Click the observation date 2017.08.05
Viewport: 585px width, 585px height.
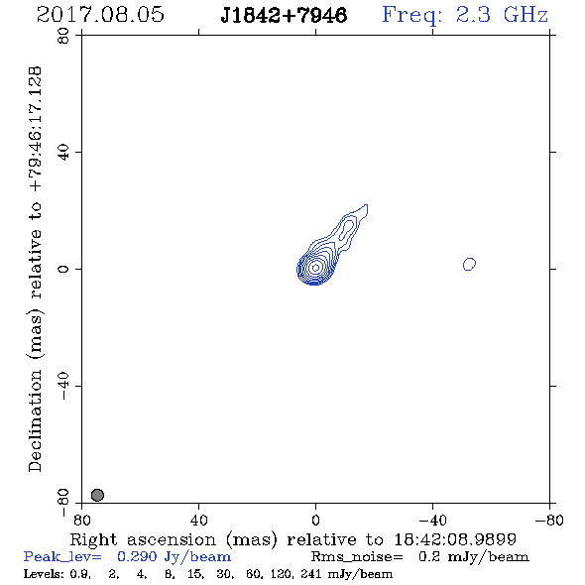click(x=100, y=15)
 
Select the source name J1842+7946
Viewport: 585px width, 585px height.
click(x=284, y=16)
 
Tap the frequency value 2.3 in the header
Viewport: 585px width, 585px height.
click(x=473, y=15)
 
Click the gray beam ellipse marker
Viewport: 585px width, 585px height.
click(x=97, y=495)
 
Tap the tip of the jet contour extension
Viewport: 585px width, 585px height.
click(x=367, y=205)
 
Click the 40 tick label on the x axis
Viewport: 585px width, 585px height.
click(x=198, y=521)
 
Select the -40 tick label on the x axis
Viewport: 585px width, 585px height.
click(x=432, y=521)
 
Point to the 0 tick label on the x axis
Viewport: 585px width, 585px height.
click(x=315, y=521)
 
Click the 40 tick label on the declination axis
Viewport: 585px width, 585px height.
click(x=63, y=153)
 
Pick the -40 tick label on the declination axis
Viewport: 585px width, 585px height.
click(x=63, y=386)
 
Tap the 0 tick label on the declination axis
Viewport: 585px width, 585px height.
click(x=63, y=269)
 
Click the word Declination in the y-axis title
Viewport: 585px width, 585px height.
click(x=35, y=421)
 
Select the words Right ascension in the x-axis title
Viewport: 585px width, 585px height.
click(x=143, y=539)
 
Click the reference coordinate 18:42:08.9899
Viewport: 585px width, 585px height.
click(x=455, y=539)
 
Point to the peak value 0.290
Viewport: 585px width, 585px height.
click(x=137, y=556)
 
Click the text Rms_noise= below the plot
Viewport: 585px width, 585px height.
click(x=357, y=557)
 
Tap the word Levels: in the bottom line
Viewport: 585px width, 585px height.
click(x=44, y=574)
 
